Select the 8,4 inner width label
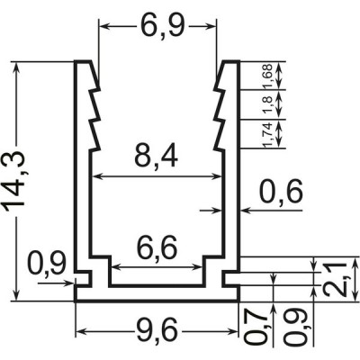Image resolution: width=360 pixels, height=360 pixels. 156,156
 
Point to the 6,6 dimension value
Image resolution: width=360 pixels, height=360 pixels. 157,248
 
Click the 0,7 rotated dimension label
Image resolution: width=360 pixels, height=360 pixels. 256,328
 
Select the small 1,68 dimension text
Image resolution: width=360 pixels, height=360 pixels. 267,76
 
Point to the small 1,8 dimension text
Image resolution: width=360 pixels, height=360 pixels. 267,104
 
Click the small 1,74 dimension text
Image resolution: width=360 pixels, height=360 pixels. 267,135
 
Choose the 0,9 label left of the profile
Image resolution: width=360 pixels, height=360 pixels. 47,264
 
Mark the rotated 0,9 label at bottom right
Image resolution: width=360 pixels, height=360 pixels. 296,328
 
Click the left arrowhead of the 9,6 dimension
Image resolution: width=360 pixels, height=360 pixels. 80,331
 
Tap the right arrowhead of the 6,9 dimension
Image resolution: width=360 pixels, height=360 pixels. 211,27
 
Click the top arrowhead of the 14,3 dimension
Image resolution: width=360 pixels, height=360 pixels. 17,67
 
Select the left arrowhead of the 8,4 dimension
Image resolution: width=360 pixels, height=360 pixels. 97,176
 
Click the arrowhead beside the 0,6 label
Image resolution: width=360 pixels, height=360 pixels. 246,211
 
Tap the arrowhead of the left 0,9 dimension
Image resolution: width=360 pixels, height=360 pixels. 69,283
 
